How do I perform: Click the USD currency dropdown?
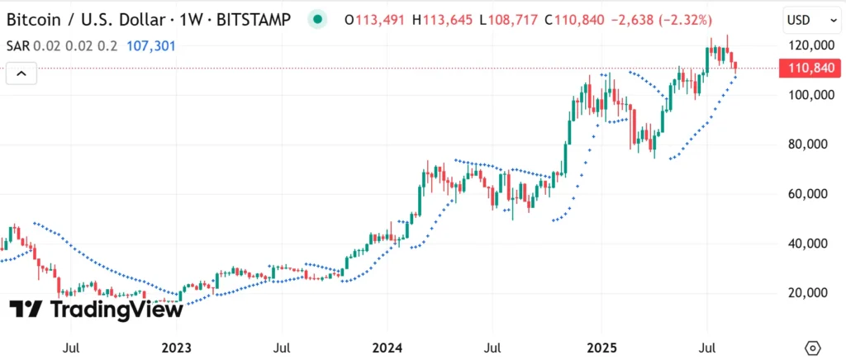[x=805, y=19]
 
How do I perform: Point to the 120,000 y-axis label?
[x=807, y=45]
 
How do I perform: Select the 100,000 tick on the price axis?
[x=807, y=95]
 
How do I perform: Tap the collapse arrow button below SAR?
[x=22, y=74]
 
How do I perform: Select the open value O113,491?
[x=380, y=20]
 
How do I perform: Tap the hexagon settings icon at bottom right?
[x=813, y=348]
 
